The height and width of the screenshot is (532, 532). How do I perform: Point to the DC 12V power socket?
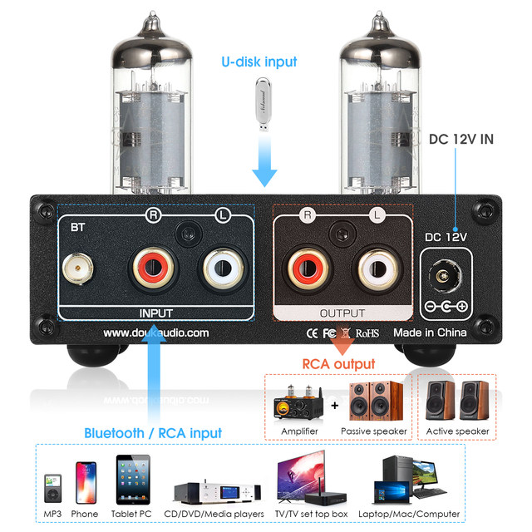446,274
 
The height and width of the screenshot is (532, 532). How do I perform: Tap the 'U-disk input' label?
259,62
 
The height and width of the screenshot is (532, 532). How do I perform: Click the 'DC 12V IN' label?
461,139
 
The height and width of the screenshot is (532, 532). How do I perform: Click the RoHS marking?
367,332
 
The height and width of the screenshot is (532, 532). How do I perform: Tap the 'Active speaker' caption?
456,431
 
